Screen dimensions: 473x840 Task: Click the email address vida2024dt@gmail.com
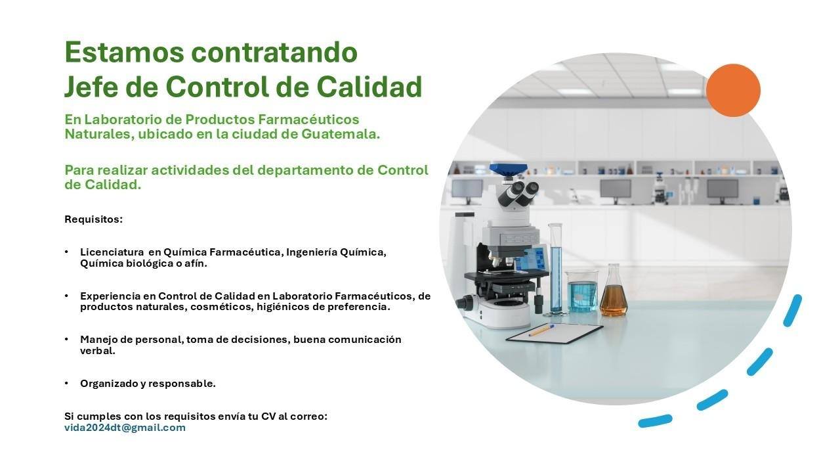point(125,428)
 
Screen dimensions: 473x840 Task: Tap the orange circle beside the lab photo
point(733,91)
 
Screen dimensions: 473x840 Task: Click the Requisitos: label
point(93,219)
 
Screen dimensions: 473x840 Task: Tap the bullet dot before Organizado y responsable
point(66,383)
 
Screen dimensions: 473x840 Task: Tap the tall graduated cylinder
point(556,269)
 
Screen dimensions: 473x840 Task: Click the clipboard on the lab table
point(555,333)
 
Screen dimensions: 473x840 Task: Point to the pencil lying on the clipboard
point(541,330)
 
